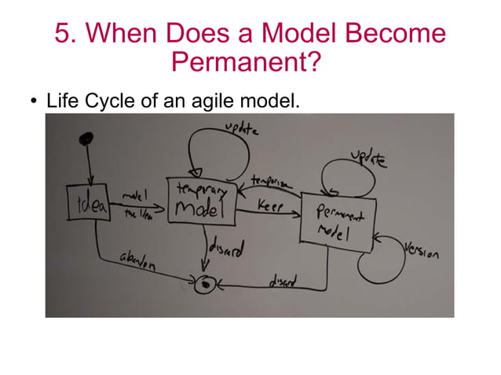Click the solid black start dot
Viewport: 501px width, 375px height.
click(x=87, y=139)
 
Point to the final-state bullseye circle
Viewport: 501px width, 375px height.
click(x=205, y=284)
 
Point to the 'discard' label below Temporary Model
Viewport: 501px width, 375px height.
click(x=228, y=250)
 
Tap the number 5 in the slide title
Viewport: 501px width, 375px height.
click(x=63, y=33)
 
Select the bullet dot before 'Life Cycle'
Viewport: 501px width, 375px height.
click(x=34, y=102)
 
